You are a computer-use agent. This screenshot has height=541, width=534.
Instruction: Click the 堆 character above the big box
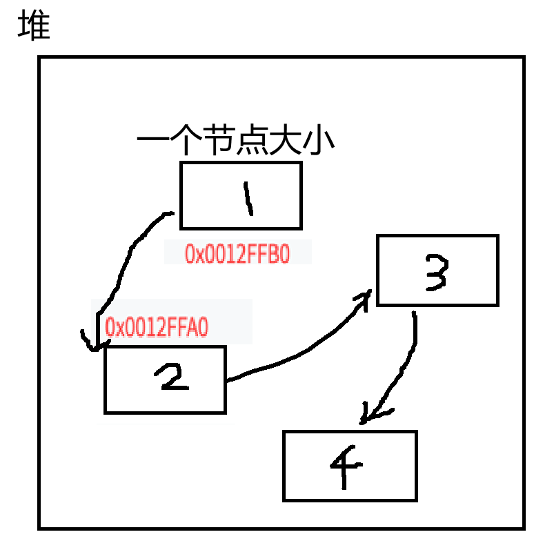coord(34,26)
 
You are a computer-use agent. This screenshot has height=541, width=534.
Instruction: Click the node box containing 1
coord(241,195)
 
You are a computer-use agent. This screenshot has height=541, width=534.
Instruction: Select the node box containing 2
coord(166,380)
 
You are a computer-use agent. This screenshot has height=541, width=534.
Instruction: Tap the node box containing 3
coord(437,270)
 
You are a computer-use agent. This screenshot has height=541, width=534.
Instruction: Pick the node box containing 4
coord(350,466)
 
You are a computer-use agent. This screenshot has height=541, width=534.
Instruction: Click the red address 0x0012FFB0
coord(237,254)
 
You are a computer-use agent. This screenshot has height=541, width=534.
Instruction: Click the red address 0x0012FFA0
coord(157,327)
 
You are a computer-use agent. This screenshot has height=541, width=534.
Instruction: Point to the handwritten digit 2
coord(170,377)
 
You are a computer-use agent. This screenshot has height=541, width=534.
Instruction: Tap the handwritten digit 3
coord(436,271)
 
